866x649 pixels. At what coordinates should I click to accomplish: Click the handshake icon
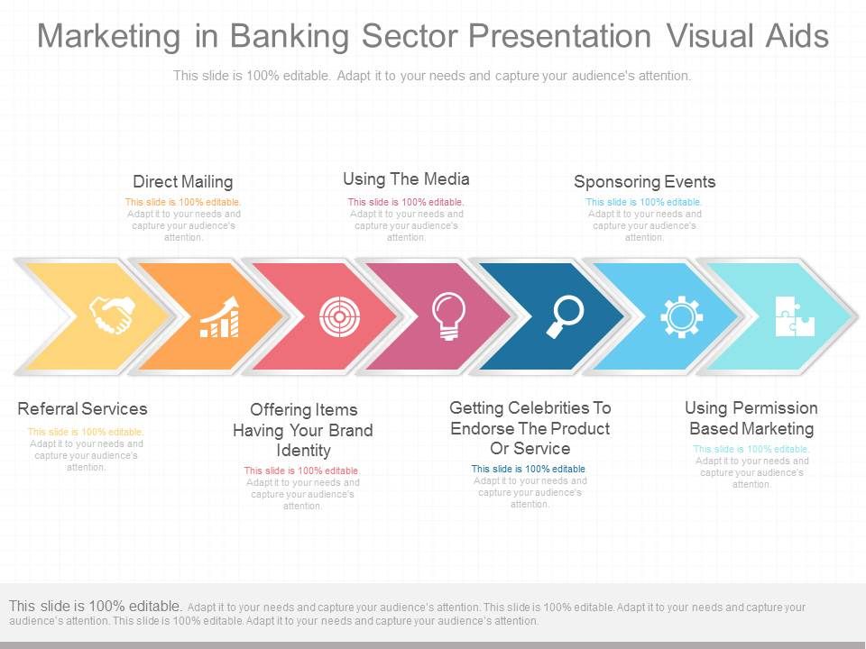coord(113,315)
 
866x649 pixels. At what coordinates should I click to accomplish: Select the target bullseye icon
coord(340,316)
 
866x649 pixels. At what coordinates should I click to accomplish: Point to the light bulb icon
coord(448,316)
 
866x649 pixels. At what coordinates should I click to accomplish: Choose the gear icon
coord(682,316)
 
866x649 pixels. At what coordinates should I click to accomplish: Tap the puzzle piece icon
coord(795,316)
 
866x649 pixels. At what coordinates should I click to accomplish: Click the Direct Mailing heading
coord(183,181)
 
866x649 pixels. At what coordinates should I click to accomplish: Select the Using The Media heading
coord(406,178)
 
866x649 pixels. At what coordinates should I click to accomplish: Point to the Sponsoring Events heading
coord(644,181)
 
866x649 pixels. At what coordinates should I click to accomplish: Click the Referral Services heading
coord(82,408)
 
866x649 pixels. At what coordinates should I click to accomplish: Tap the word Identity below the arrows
coord(303,451)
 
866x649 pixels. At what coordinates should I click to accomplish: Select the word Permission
coord(767,407)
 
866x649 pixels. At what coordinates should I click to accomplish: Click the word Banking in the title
coord(290,36)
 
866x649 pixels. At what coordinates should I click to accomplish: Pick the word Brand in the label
coord(351,430)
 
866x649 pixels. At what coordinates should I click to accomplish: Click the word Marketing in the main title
coord(108,36)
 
